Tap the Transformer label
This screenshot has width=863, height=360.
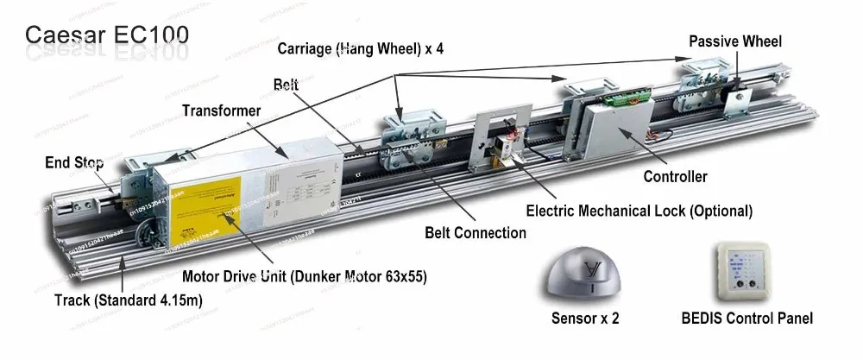222,110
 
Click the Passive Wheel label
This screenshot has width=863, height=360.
734,41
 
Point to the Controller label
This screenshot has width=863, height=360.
675,176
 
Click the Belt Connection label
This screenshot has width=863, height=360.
475,232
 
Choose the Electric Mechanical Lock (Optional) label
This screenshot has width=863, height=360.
639,211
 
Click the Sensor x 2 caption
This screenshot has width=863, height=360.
584,318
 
